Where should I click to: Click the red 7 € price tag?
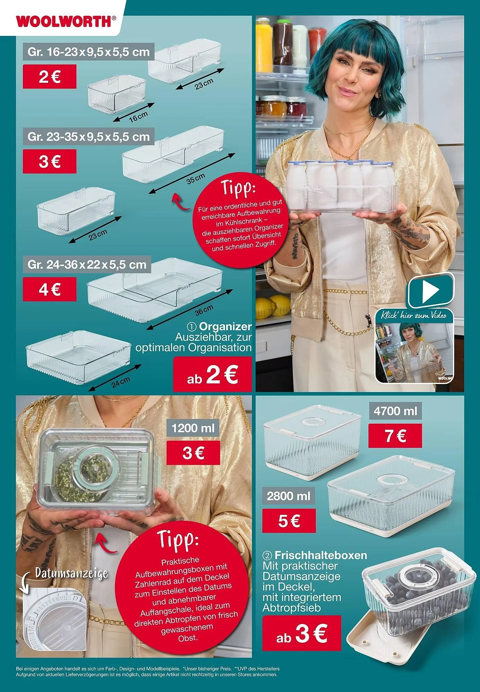tap(395, 436)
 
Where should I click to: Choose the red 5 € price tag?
tap(289, 521)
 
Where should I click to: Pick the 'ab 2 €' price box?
tap(212, 374)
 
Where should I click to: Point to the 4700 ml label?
tap(395, 411)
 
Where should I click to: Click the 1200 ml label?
tap(193, 428)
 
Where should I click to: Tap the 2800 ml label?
tap(289, 496)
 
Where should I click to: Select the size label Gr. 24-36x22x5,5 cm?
tap(87, 265)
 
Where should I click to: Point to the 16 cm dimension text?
tap(138, 116)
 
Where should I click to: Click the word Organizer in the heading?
tap(225, 326)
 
